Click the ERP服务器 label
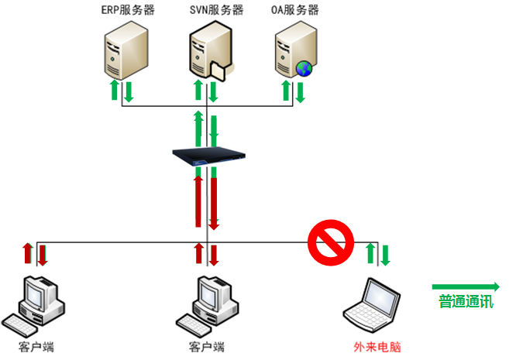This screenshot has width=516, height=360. [126, 10]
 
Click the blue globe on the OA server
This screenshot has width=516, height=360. [305, 68]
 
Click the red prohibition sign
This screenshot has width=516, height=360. [330, 242]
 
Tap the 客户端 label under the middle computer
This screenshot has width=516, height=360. [206, 347]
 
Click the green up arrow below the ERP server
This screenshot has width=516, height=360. [115, 90]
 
